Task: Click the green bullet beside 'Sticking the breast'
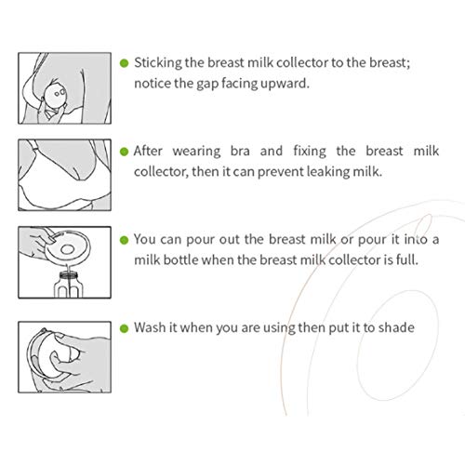(124, 63)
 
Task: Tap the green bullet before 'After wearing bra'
(124, 152)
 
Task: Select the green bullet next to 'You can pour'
(124, 240)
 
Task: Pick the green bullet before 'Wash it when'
(124, 328)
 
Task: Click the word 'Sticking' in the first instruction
(158, 63)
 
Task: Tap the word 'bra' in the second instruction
(240, 151)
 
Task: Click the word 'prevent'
(280, 172)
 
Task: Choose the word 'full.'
(407, 259)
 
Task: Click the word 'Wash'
(150, 327)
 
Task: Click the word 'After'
(148, 151)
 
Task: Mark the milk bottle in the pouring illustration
(68, 285)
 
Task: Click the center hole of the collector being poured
(68, 249)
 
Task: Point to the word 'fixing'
(310, 152)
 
